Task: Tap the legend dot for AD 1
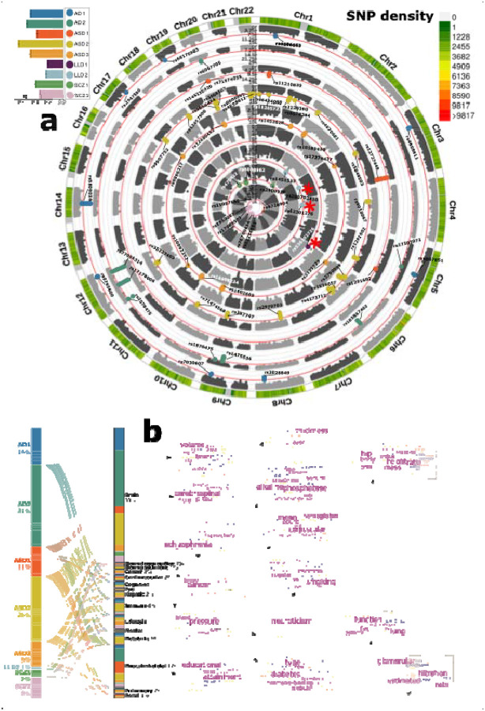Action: (x=70, y=14)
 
